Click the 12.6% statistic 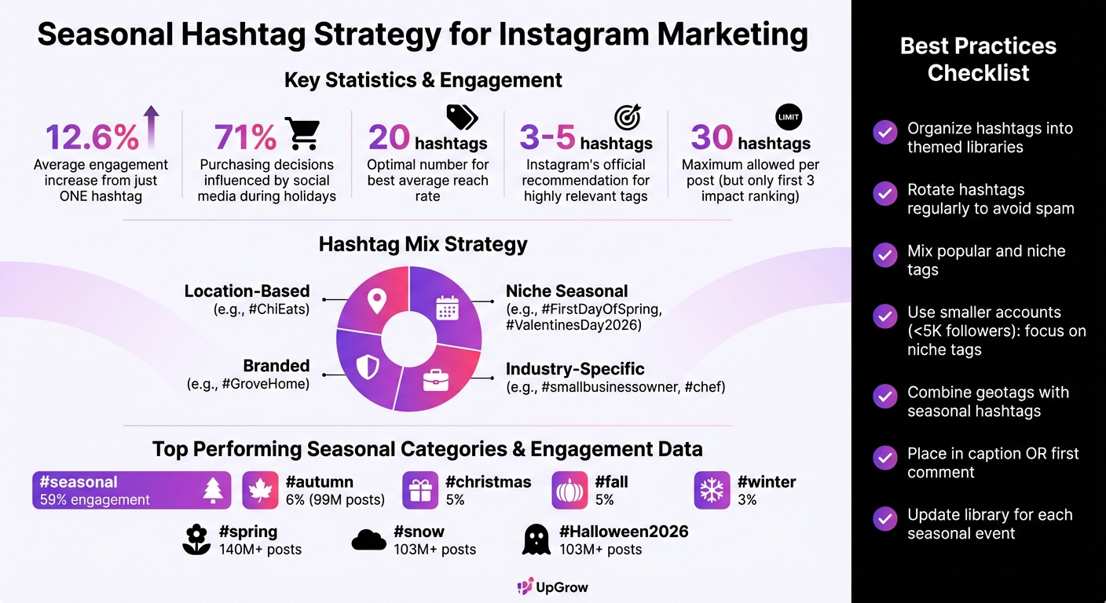(92, 137)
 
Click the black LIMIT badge (788, 117)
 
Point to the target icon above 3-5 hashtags (627, 117)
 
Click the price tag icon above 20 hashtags (462, 118)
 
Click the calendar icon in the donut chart (446, 307)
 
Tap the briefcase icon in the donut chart (436, 379)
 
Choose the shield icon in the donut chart (368, 367)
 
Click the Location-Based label (247, 291)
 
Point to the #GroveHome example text (248, 384)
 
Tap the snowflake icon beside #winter (712, 491)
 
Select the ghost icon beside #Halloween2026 (537, 539)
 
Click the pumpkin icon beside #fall (569, 491)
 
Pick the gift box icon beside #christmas (419, 491)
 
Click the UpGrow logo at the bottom (552, 587)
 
